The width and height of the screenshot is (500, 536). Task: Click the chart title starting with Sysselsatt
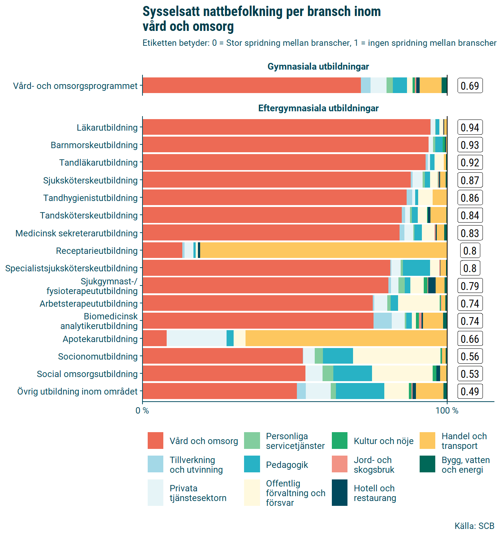[262, 19]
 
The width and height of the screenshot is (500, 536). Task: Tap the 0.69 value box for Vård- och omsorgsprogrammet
[470, 86]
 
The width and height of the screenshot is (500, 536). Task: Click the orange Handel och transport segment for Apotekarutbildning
[346, 339]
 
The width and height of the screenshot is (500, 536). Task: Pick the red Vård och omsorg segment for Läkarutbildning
[286, 127]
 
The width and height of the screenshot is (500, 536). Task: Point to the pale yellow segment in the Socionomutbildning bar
[397, 356]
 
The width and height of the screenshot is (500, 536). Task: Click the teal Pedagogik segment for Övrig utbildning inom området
[360, 391]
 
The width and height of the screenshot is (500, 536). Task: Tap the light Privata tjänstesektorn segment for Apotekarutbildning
[196, 339]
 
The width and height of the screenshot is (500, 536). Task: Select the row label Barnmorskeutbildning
[94, 145]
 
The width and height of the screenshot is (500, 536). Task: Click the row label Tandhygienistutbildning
[90, 198]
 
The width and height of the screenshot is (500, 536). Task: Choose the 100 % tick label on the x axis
[447, 411]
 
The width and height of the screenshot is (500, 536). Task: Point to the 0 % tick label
[142, 411]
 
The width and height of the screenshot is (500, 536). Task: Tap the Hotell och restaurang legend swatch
[339, 493]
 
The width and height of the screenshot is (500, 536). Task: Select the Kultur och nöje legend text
[384, 441]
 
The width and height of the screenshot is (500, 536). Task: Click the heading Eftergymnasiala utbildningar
[318, 108]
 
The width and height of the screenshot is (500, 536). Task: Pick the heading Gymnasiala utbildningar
[318, 67]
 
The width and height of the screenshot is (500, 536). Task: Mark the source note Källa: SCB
[474, 526]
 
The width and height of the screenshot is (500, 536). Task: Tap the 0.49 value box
[470, 392]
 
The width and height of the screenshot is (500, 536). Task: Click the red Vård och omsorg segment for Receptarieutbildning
[162, 251]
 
